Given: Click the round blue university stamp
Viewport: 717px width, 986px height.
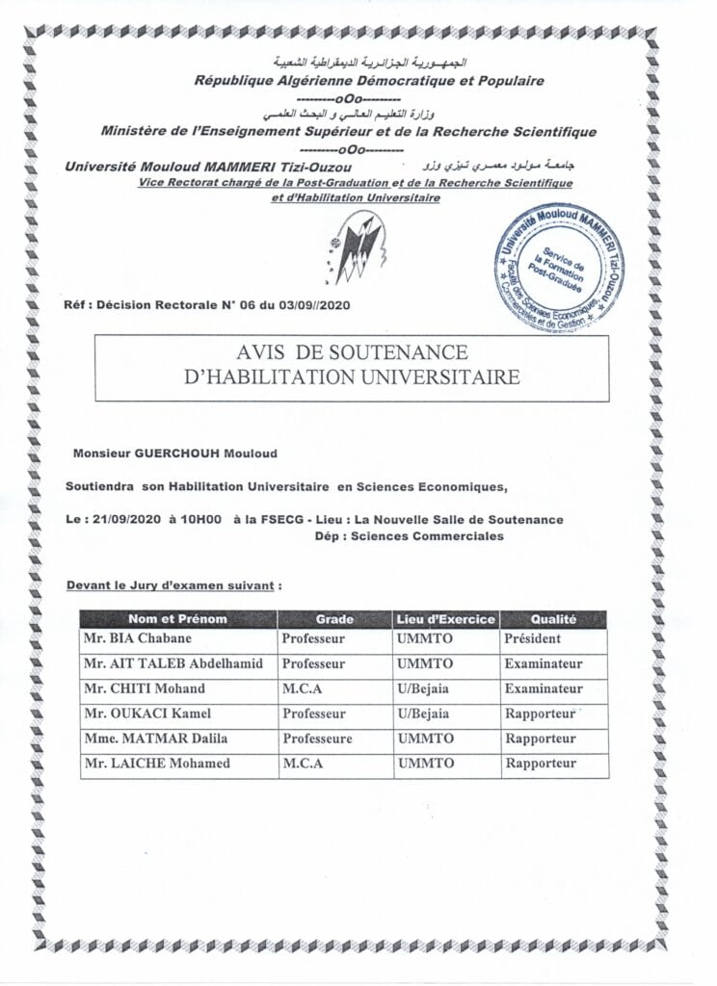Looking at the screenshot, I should pos(559,269).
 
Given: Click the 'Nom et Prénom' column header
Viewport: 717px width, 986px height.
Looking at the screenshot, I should pos(178,619).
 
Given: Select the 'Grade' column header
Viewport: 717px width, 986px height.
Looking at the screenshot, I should pos(334,619).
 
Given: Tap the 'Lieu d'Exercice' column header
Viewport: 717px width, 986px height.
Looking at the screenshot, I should pos(445,619).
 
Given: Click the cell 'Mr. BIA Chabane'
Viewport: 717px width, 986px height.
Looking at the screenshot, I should pos(137,638).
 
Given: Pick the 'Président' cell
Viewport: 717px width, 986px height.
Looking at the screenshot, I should pos(532,638).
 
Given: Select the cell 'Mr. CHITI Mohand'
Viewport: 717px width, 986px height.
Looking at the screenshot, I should pos(144,688).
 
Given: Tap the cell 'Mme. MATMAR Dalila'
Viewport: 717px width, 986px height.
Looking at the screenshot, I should pos(154,739).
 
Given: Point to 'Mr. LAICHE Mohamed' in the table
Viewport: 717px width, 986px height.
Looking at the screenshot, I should pos(156,764).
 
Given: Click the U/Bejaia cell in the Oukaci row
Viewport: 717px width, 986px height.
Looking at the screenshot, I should pos(422,714).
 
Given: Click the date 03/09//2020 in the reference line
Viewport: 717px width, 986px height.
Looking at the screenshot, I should pos(306,305).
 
